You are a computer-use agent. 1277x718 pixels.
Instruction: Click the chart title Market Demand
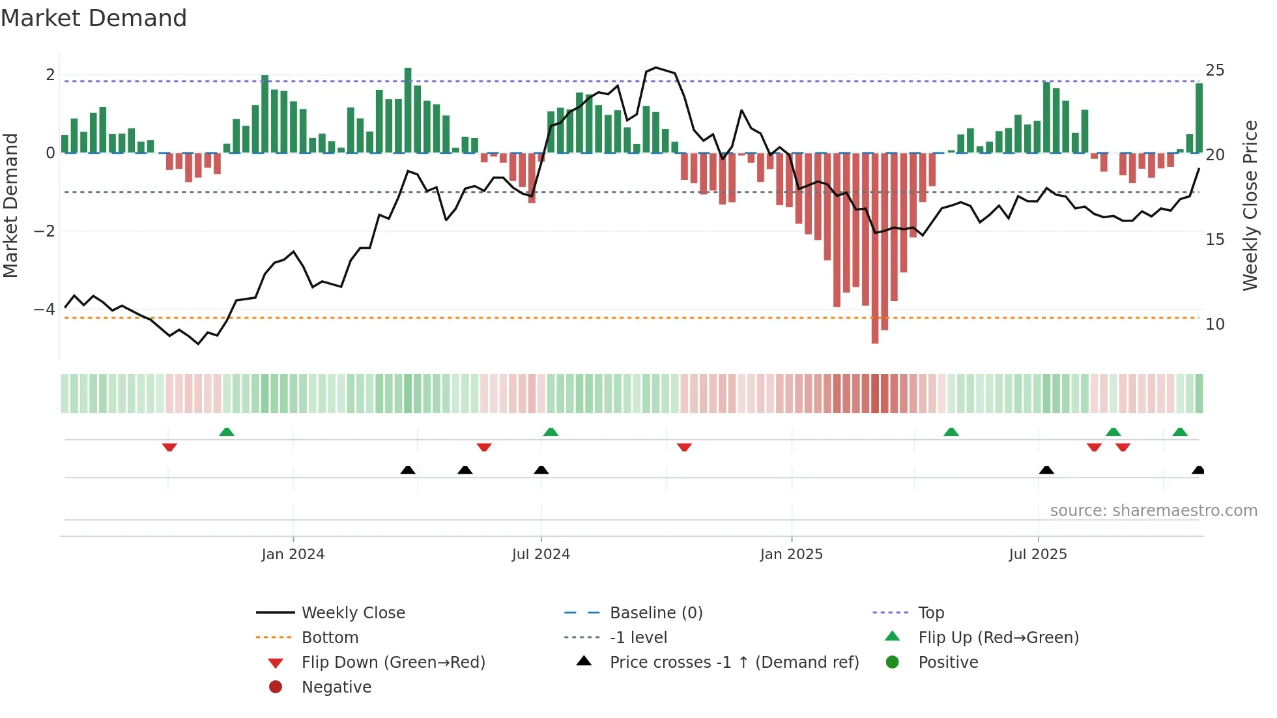pyautogui.click(x=94, y=18)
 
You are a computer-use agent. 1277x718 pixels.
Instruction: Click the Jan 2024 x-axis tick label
pyautogui.click(x=293, y=554)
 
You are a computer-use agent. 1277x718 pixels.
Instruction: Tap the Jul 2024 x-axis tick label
pyautogui.click(x=541, y=554)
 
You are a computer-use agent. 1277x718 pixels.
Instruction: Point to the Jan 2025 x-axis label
pyautogui.click(x=791, y=554)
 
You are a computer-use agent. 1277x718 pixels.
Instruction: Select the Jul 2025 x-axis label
pyautogui.click(x=1038, y=554)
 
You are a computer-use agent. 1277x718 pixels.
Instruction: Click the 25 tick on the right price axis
pyautogui.click(x=1214, y=70)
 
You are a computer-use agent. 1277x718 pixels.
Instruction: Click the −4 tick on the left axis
pyautogui.click(x=44, y=309)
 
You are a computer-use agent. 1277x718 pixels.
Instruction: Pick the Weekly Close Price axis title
pyautogui.click(x=1250, y=205)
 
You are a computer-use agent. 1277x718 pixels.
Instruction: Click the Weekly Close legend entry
pyautogui.click(x=352, y=613)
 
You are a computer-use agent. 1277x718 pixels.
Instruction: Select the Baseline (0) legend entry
pyautogui.click(x=655, y=613)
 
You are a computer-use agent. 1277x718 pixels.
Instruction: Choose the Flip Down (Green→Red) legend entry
pyautogui.click(x=393, y=663)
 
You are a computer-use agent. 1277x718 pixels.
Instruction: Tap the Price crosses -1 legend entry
pyautogui.click(x=734, y=663)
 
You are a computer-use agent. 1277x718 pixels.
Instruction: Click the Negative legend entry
pyautogui.click(x=336, y=687)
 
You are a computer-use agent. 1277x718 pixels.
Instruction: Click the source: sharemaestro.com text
pyautogui.click(x=1153, y=511)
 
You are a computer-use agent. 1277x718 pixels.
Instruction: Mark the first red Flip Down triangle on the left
pyautogui.click(x=169, y=447)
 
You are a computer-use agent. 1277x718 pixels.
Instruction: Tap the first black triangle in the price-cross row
pyautogui.click(x=408, y=470)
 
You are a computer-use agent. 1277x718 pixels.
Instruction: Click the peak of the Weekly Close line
pyautogui.click(x=655, y=68)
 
